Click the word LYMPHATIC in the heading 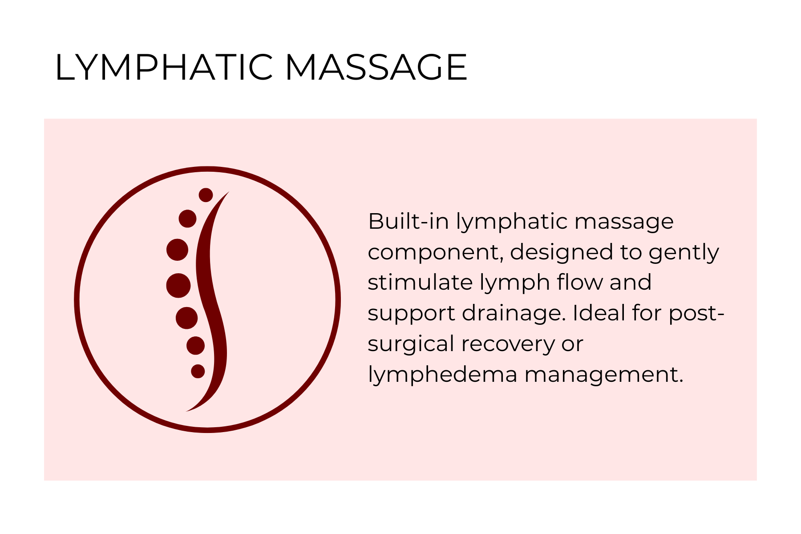tap(163, 68)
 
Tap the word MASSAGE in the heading tap(376, 68)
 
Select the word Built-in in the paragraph tap(408, 221)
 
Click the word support tap(412, 314)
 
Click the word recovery tap(508, 344)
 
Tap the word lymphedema tap(442, 375)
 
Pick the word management tap(603, 375)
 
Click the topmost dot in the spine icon tap(206, 195)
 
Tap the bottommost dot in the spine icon tap(198, 371)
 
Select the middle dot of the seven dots tap(178, 285)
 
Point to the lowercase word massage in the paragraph tap(624, 222)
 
